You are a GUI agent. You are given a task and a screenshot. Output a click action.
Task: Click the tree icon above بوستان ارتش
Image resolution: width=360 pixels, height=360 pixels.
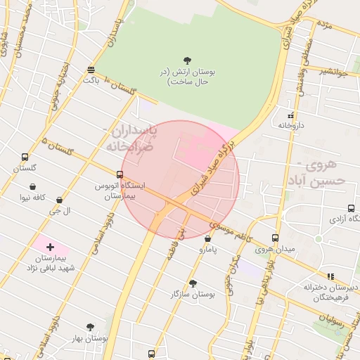pyautogui.click(x=187, y=60)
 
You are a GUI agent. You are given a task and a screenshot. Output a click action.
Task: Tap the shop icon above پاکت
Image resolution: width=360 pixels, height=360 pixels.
pyautogui.click(x=91, y=69)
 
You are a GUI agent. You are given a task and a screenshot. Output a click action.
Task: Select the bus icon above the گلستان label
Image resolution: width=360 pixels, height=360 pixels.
pyautogui.click(x=25, y=157)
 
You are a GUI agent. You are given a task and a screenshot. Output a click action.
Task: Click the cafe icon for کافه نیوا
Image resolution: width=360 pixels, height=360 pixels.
pyautogui.click(x=33, y=186)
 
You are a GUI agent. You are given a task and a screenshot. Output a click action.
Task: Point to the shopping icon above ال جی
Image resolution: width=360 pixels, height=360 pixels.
pyautogui.click(x=59, y=200)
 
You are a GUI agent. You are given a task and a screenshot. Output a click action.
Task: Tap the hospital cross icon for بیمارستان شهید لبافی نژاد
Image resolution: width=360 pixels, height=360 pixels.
pyautogui.click(x=50, y=247)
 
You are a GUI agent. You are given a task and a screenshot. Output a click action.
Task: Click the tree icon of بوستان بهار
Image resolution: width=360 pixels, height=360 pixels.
pyautogui.click(x=90, y=327)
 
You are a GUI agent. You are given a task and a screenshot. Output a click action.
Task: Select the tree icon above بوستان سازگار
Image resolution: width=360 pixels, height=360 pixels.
pyautogui.click(x=193, y=283)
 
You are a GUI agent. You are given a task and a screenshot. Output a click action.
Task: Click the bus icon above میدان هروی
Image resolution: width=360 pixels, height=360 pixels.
pyautogui.click(x=275, y=238)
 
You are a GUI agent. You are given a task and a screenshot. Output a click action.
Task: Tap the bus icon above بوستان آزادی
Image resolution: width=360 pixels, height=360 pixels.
pyautogui.click(x=351, y=208)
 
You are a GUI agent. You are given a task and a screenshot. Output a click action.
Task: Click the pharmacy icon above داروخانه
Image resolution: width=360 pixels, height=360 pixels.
pyautogui.click(x=290, y=115)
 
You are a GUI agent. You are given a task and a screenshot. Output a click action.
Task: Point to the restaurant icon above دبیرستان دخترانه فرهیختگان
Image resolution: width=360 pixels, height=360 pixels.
pyautogui.click(x=330, y=276)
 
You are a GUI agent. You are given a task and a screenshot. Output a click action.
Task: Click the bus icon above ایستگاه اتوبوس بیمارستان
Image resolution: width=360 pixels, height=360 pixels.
pyautogui.click(x=120, y=174)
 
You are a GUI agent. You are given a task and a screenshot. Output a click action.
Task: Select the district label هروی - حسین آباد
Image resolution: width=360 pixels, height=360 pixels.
pyautogui.click(x=320, y=173)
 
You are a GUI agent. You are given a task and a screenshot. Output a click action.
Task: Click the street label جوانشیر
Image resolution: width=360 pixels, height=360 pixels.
pyautogui.click(x=333, y=70)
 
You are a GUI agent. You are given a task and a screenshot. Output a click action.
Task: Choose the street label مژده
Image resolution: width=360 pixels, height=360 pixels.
pyautogui.click(x=324, y=26)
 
